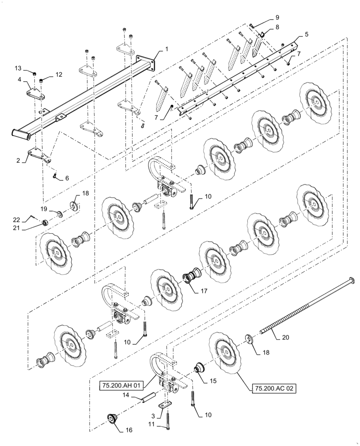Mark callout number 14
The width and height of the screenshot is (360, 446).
click(126, 395)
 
